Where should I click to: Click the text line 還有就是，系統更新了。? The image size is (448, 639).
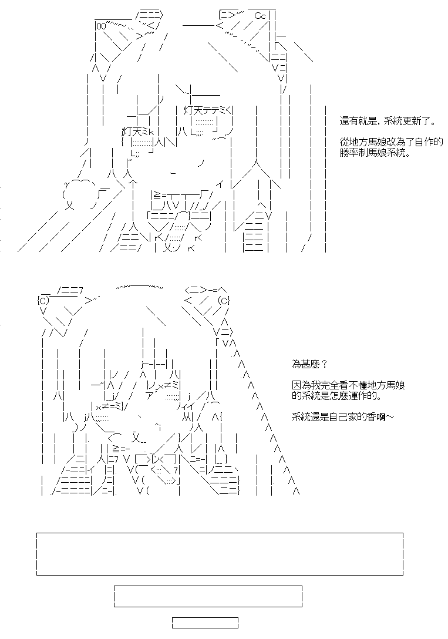point(388,122)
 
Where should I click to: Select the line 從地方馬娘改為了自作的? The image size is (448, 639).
point(391,142)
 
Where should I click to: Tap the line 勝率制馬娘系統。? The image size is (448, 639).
point(375,153)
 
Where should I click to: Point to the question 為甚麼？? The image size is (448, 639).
point(309,364)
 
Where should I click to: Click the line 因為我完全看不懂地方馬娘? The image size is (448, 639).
point(348,385)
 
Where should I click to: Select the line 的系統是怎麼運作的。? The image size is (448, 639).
point(337,396)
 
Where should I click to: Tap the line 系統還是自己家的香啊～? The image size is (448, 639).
point(343,417)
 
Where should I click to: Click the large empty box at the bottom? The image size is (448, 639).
point(220,554)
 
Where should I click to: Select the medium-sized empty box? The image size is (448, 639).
point(208,596)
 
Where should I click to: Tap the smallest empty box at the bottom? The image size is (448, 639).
point(205,623)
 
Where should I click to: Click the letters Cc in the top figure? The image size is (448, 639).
point(260,16)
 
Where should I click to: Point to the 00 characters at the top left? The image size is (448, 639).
point(100,26)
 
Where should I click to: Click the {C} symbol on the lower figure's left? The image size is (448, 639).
point(43,301)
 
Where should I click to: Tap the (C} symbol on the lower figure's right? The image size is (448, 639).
point(224,301)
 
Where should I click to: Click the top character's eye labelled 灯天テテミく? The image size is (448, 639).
point(208,110)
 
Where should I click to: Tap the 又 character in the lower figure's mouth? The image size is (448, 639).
point(137,438)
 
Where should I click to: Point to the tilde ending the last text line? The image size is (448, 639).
point(390,417)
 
